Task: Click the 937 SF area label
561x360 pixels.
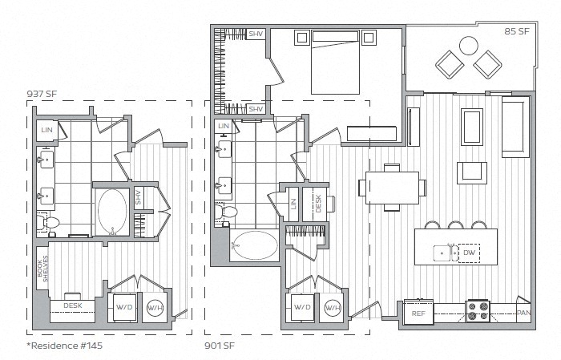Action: (x=42, y=93)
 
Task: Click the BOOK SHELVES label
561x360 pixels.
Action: (x=43, y=261)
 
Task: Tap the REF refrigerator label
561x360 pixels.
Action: (x=418, y=313)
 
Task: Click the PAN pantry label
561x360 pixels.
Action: (x=523, y=313)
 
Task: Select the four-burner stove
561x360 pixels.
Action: (x=478, y=310)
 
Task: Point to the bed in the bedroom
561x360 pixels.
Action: (x=336, y=61)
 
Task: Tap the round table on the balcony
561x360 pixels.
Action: (x=469, y=45)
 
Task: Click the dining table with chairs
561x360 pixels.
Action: (x=393, y=187)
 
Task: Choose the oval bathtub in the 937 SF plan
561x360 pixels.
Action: (x=112, y=209)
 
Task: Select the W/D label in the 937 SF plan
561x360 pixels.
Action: (x=125, y=306)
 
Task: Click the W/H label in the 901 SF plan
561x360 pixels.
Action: (x=331, y=307)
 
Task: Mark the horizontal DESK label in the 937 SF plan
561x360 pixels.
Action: (x=72, y=305)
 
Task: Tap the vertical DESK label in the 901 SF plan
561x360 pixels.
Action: (x=318, y=204)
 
